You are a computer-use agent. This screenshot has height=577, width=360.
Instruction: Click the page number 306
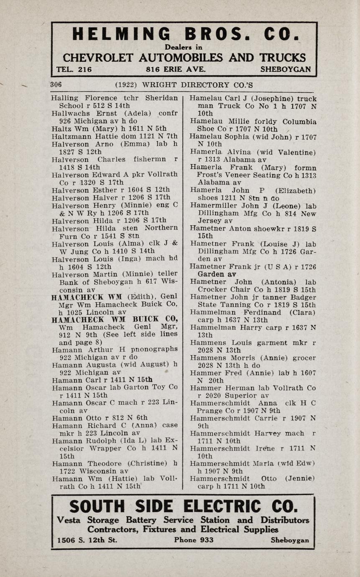[56, 84]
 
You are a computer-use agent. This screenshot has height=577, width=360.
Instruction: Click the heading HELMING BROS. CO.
[184, 34]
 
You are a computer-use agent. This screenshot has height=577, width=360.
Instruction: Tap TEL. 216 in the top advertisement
[74, 69]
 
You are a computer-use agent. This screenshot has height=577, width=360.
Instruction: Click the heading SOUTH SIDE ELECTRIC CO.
[184, 507]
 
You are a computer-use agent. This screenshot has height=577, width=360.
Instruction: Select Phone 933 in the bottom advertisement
[194, 540]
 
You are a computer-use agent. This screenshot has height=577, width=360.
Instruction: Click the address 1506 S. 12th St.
[87, 540]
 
